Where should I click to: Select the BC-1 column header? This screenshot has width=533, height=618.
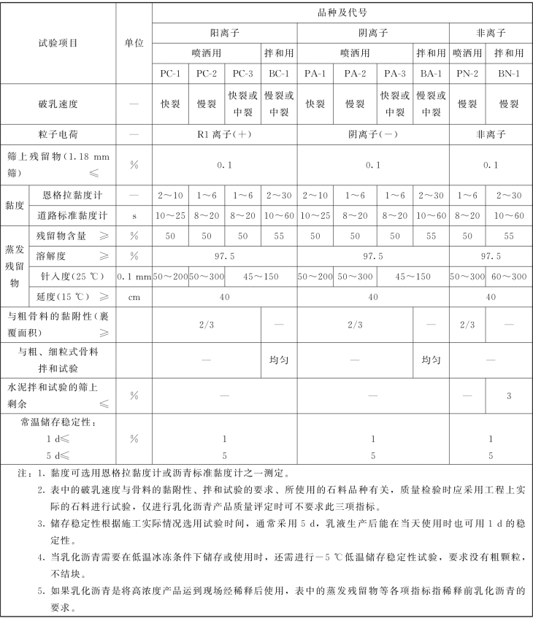279,73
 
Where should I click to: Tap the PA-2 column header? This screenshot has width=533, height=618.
356,73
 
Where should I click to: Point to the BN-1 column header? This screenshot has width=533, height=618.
508,73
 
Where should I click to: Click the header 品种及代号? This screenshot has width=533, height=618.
342,12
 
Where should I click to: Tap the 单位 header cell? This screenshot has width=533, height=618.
134,42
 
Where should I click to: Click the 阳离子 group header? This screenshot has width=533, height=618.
224,33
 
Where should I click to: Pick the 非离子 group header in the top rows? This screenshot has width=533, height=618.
490,33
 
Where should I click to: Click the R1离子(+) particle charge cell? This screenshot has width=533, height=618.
224,134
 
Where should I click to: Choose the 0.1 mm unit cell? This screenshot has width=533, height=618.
134,277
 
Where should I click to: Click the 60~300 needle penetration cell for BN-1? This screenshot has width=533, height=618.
508,277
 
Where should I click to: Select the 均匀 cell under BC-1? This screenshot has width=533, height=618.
279,360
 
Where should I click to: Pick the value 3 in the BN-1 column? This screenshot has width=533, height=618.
508,395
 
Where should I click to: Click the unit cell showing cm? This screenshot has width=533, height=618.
134,297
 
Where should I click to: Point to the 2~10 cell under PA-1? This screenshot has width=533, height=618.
315,196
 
